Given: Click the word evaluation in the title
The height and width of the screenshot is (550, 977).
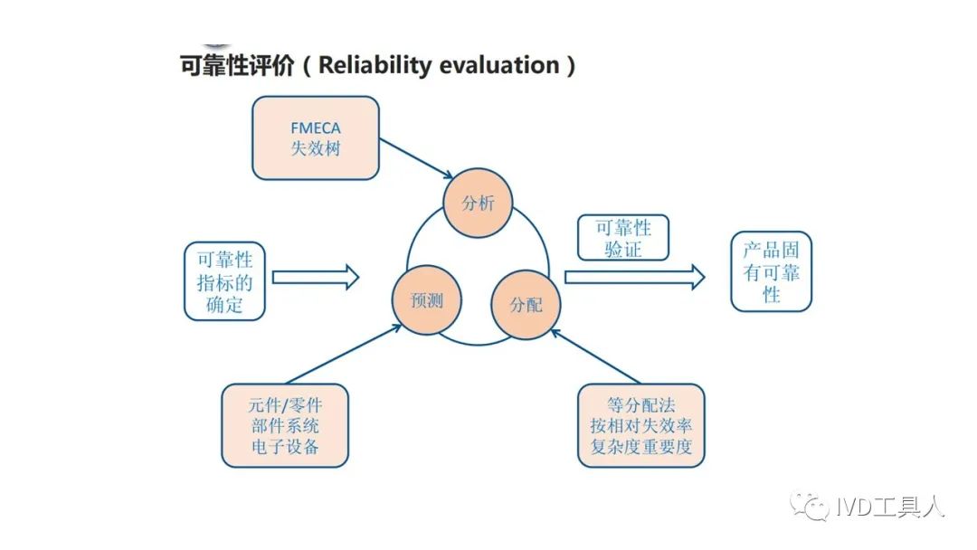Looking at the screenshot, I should pyautogui.click(x=498, y=65).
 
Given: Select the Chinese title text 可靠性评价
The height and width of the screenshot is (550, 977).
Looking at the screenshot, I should pyautogui.click(x=237, y=65).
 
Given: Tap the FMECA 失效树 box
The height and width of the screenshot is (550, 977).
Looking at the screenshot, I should pyautogui.click(x=315, y=137).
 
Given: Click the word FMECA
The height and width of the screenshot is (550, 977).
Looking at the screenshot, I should pyautogui.click(x=315, y=128).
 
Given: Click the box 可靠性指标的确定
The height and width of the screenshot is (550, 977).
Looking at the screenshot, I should pyautogui.click(x=224, y=280).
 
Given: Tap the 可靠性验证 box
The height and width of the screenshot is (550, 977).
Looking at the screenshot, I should pyautogui.click(x=622, y=238).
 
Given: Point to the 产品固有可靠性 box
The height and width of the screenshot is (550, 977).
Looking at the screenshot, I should pyautogui.click(x=771, y=272).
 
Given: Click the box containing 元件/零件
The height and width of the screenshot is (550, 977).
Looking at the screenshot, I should pyautogui.click(x=285, y=424).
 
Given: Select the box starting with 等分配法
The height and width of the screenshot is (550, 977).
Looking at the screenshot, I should pyautogui.click(x=640, y=425).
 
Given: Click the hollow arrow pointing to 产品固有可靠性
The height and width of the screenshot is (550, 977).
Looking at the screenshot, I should pyautogui.click(x=633, y=278).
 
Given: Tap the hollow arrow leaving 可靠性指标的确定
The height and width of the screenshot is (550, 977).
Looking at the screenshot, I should pyautogui.click(x=315, y=277).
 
